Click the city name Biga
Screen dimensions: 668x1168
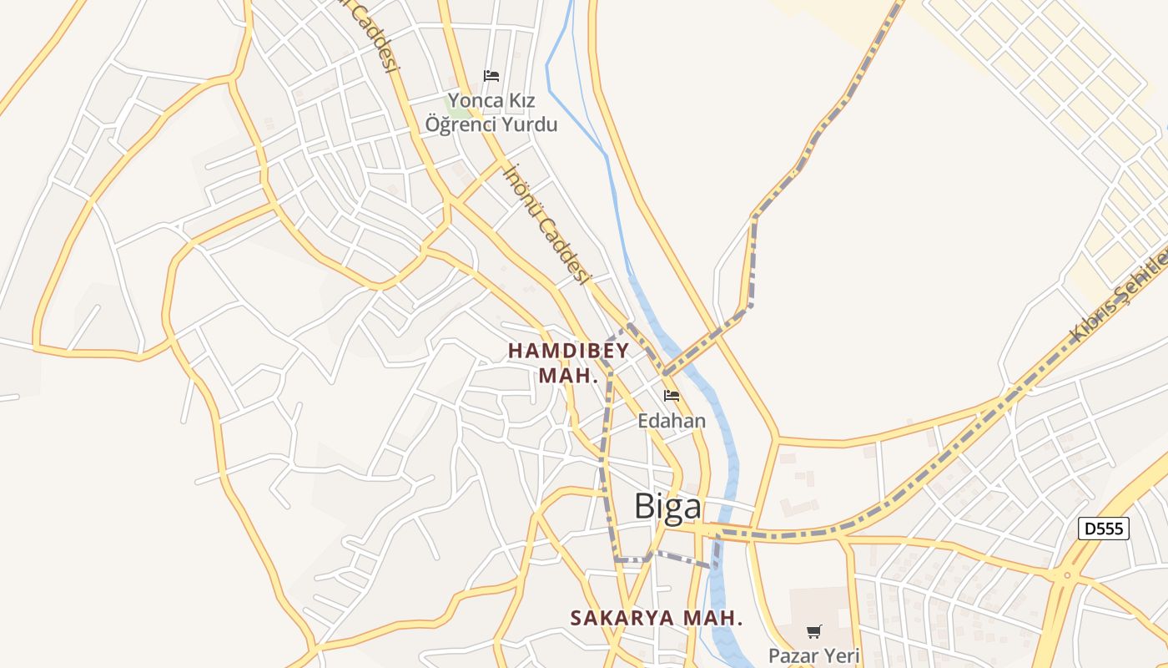tap(667, 506)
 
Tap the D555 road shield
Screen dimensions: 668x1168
tap(1103, 529)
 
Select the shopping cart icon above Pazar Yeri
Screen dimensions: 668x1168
tap(814, 631)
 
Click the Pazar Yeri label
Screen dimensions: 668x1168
tap(813, 655)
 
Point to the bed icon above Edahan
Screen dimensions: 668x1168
tap(672, 396)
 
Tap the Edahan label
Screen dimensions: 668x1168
tap(672, 421)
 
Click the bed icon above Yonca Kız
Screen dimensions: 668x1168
tap(491, 76)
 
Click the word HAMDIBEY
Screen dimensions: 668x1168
tap(568, 351)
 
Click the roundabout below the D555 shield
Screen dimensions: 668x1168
tap(1066, 575)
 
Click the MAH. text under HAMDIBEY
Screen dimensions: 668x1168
tap(568, 376)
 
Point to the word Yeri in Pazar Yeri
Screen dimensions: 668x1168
tap(842, 655)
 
